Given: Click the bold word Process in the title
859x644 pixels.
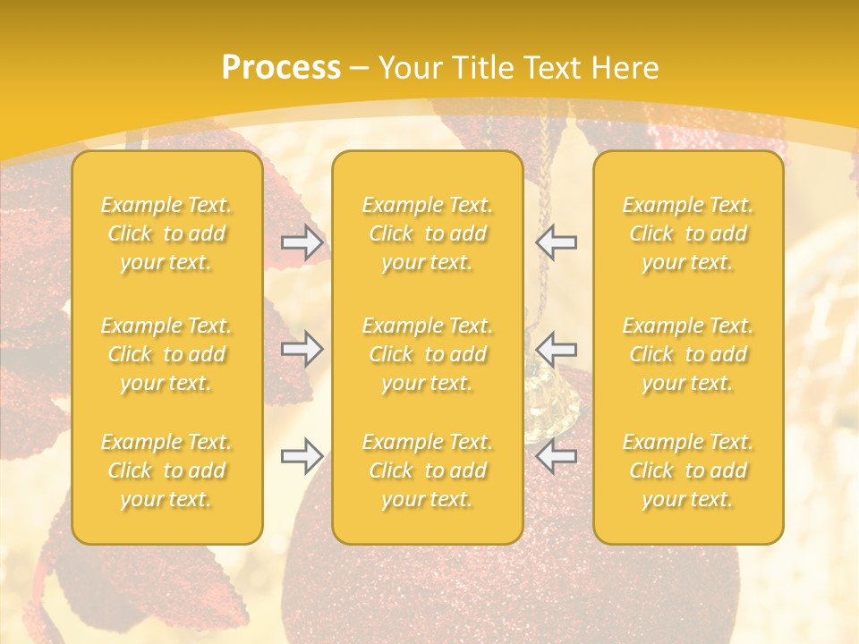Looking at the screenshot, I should (x=281, y=68).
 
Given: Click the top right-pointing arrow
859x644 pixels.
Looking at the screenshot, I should (x=302, y=241).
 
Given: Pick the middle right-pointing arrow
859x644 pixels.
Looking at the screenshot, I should (x=302, y=348).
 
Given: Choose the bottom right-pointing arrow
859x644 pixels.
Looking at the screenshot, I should (x=302, y=456).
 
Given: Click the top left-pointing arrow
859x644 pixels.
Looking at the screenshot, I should (x=557, y=241).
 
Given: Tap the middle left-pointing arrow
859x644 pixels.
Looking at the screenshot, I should (x=557, y=348).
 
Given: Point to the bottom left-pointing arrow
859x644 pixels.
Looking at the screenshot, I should (x=557, y=456).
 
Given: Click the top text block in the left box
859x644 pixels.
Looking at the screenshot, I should (x=166, y=233).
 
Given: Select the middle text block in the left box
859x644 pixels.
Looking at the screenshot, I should (x=166, y=354).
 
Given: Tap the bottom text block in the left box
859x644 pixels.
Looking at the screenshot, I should (x=166, y=470).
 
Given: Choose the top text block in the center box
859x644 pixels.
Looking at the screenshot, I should (x=428, y=233).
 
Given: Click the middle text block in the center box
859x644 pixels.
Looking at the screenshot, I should (x=428, y=354).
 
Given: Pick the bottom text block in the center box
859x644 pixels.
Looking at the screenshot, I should (x=428, y=470).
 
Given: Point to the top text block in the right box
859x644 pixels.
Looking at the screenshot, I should (x=688, y=233).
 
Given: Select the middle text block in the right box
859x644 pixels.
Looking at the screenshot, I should (x=688, y=354).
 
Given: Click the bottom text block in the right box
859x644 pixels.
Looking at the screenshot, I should (x=688, y=470).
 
